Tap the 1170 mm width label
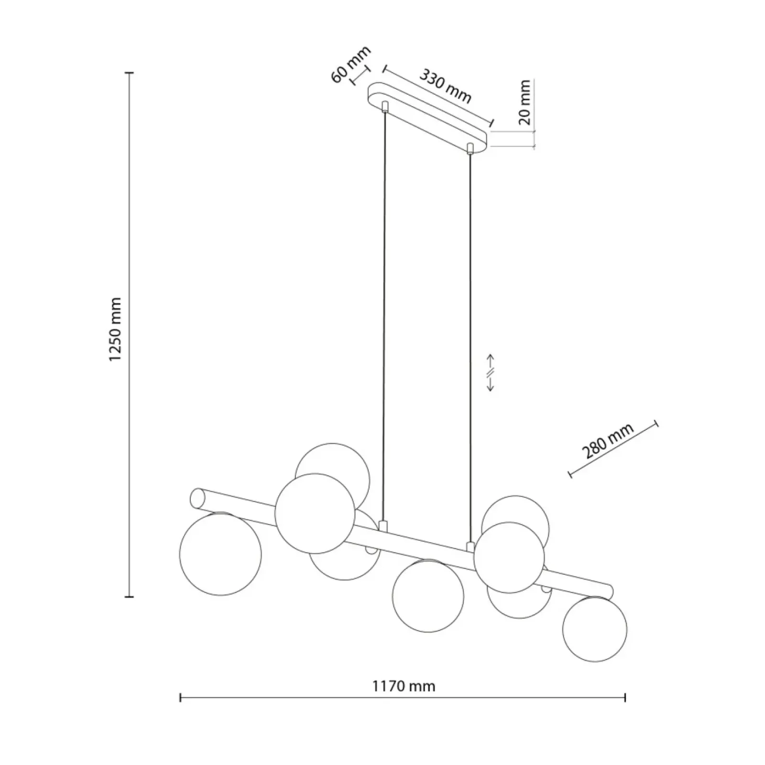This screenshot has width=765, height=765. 404,687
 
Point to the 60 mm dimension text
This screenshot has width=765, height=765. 351,65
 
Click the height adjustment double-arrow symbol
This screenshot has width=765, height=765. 491,373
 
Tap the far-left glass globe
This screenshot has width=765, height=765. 220,554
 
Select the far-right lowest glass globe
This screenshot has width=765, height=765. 595,629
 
